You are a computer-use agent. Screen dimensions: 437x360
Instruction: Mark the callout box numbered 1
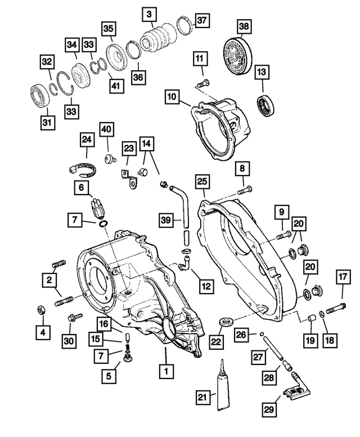pos(165,371)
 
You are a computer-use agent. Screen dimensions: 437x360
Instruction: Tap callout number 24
pos(86,138)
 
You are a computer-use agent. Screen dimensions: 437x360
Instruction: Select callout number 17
pos(343,276)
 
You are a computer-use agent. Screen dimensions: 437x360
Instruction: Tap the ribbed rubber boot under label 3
pos(159,37)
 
